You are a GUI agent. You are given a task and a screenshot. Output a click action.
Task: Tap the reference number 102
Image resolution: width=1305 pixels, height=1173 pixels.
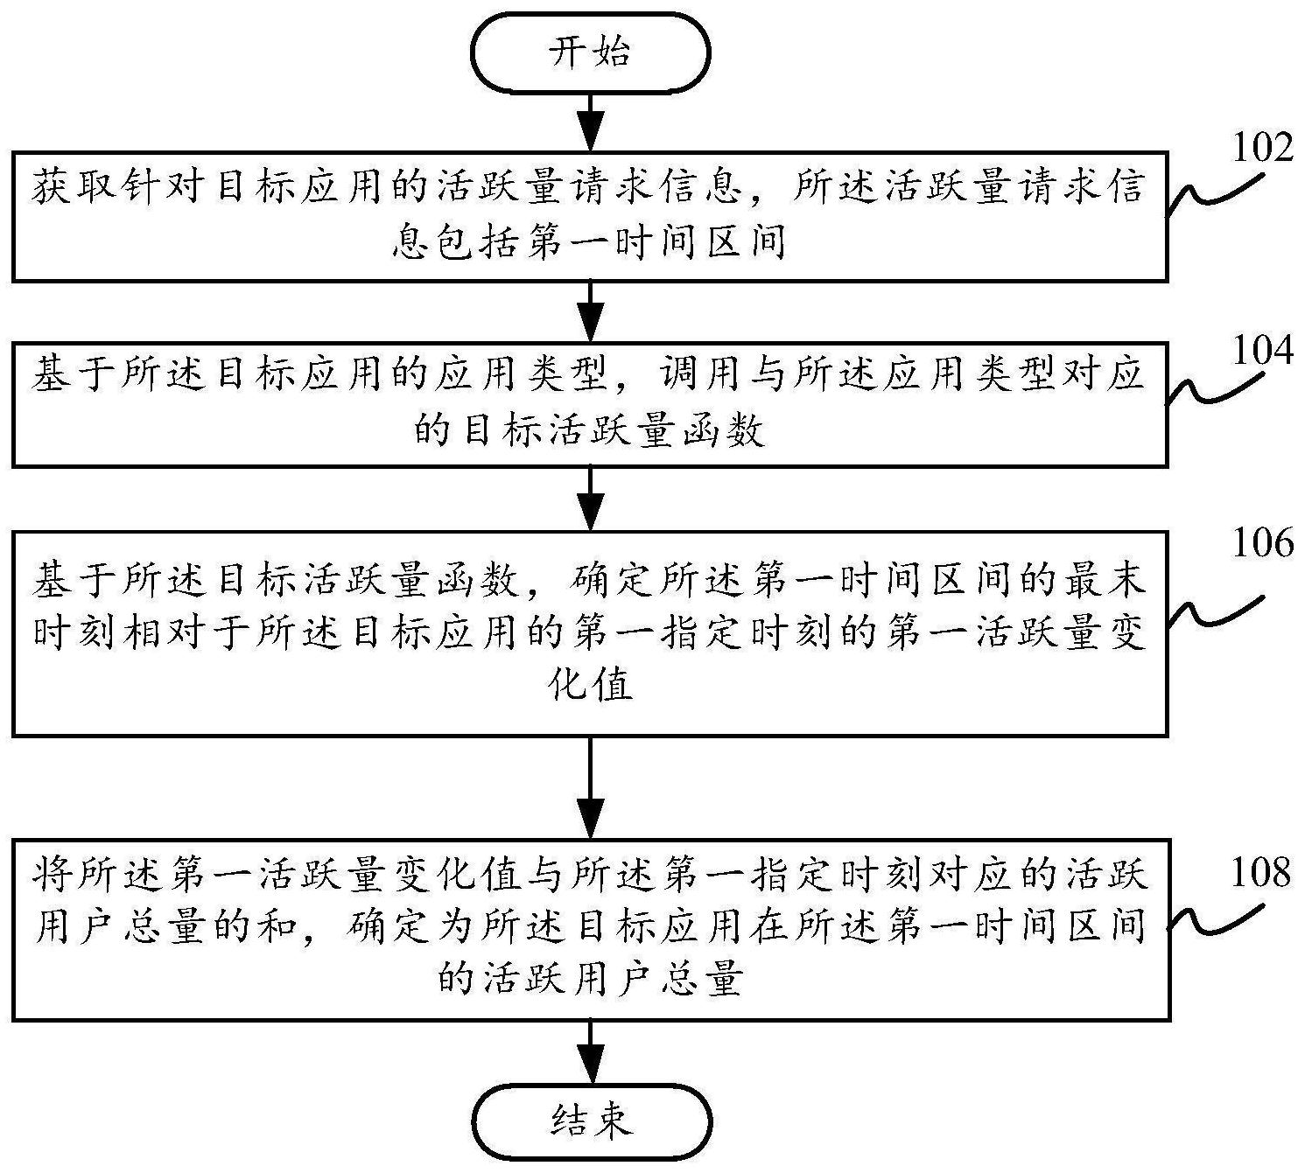tap(1261, 149)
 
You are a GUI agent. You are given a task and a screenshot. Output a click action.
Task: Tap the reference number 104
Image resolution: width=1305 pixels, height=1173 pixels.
tap(1261, 350)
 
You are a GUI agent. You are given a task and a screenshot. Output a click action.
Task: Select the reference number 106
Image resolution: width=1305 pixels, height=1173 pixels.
tap(1261, 544)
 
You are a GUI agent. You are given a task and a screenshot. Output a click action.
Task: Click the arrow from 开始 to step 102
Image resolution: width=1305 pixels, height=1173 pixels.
tap(592, 122)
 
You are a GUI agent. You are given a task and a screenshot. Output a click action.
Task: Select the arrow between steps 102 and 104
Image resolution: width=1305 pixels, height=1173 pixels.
tap(592, 311)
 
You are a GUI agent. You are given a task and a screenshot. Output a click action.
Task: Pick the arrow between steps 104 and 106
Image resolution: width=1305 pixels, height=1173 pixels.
tap(592, 498)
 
